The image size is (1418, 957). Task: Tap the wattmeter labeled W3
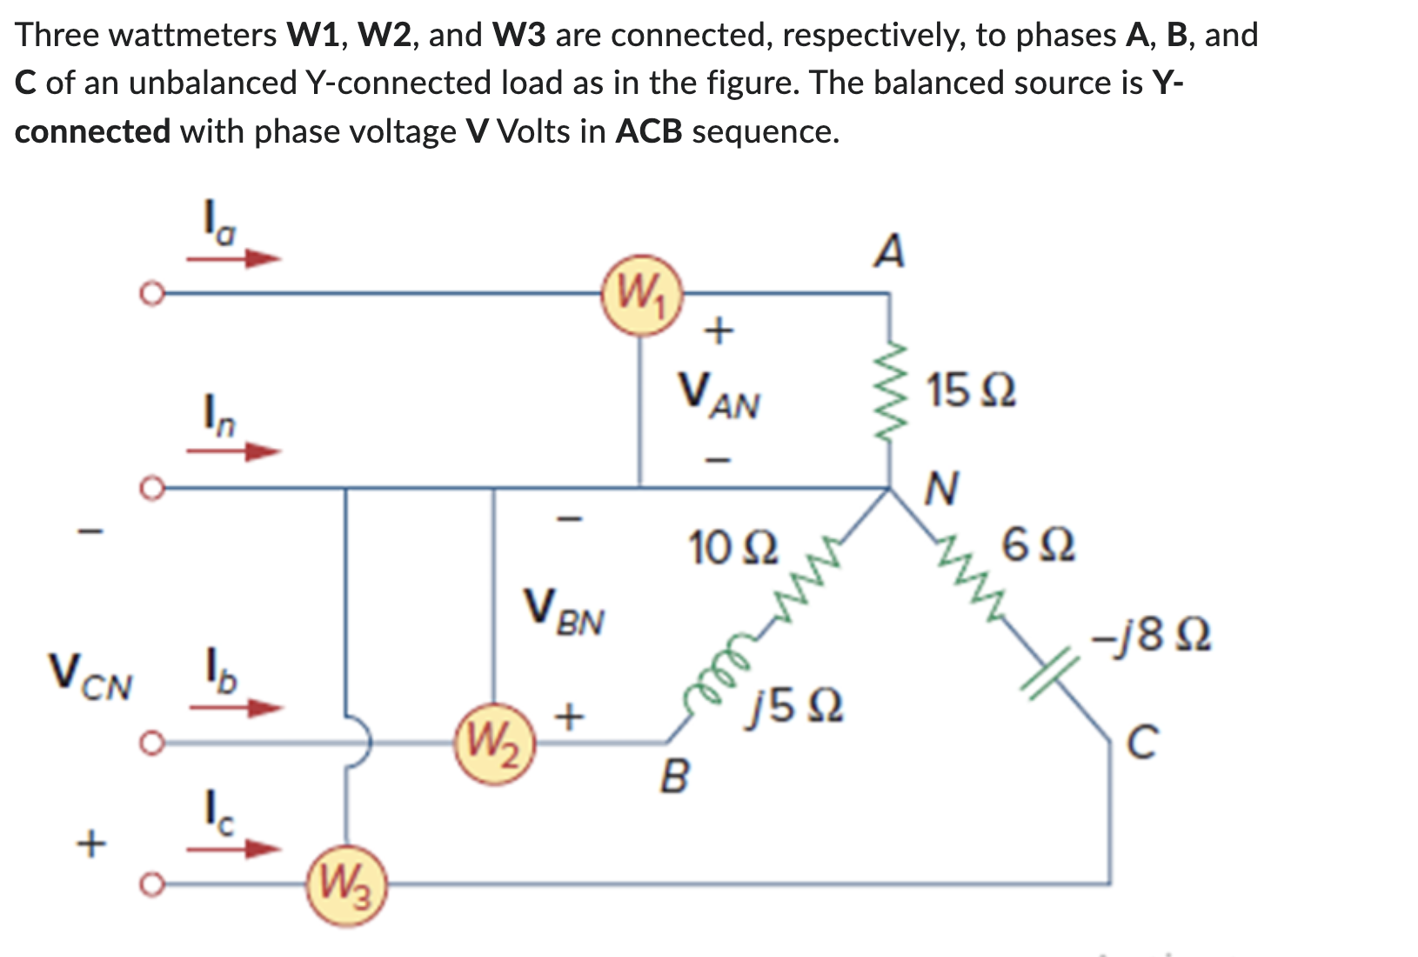tap(346, 886)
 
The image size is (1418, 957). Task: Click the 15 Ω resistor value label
tap(970, 391)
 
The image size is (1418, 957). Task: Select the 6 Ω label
tap(1038, 546)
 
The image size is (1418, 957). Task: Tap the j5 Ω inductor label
tap(794, 706)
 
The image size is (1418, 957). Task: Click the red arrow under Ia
tap(235, 258)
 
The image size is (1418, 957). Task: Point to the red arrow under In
tap(235, 452)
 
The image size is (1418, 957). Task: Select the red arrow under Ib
tap(235, 707)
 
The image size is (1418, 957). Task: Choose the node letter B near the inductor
tap(674, 777)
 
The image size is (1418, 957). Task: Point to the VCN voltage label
tap(90, 678)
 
